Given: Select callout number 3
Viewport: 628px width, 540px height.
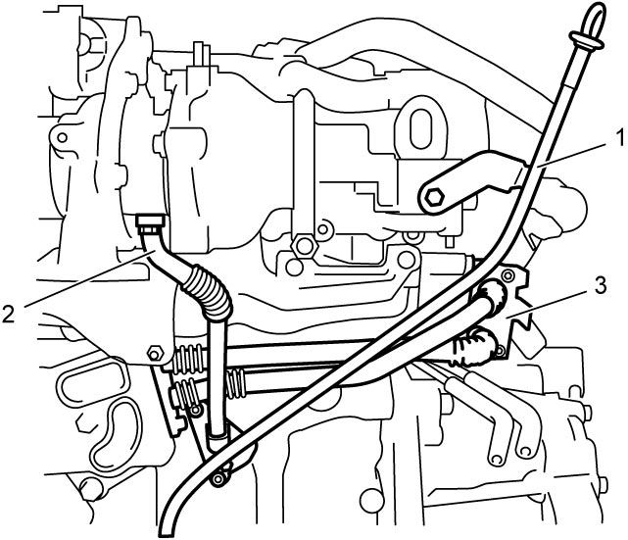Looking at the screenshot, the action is (600, 286).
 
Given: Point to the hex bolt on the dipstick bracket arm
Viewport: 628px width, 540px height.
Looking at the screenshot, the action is (434, 197).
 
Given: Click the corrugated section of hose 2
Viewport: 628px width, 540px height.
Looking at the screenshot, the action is (208, 291).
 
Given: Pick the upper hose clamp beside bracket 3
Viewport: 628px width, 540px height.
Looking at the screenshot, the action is (492, 296).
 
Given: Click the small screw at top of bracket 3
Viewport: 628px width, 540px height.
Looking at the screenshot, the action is (507, 275).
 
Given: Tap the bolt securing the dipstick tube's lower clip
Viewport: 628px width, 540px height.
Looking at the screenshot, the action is (217, 479).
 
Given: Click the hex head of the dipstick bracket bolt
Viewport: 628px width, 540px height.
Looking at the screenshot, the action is (434, 197).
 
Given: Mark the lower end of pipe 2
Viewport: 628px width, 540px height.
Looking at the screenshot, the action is (217, 433).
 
